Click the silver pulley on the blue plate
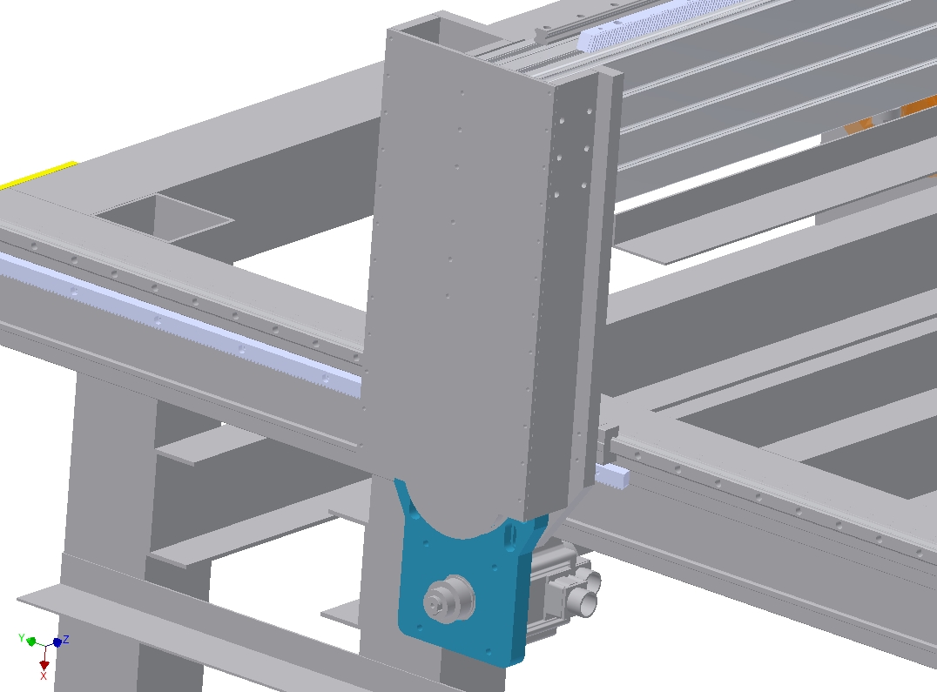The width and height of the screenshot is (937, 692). (x=449, y=600)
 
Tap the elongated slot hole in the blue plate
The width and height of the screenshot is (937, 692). (x=509, y=536)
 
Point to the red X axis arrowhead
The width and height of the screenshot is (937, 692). (x=44, y=664)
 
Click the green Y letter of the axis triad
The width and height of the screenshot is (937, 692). (x=22, y=638)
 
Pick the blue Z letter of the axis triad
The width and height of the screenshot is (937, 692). (x=65, y=640)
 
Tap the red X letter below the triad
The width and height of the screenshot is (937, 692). (x=43, y=675)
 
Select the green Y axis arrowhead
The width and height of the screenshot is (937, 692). (x=31, y=642)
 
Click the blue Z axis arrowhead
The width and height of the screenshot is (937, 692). (x=57, y=642)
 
